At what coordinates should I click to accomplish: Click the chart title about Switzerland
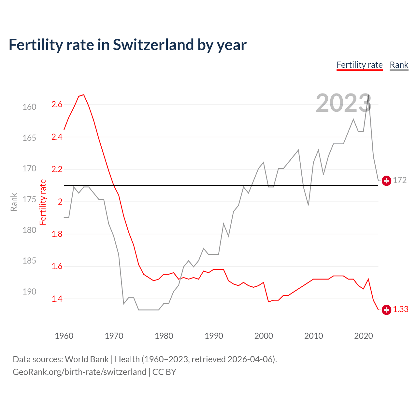(x=127, y=45)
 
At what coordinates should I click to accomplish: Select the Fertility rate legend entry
(x=359, y=65)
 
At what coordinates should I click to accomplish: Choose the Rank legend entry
(x=399, y=65)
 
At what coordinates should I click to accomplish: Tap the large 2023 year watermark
(x=343, y=103)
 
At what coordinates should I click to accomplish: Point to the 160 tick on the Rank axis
(x=29, y=107)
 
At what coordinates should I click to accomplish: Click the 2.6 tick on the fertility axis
(x=57, y=105)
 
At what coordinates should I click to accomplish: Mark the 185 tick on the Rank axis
(x=29, y=261)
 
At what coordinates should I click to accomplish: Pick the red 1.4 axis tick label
(x=57, y=299)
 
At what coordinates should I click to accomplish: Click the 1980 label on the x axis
(x=164, y=336)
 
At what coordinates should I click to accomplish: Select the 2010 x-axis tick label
(x=313, y=336)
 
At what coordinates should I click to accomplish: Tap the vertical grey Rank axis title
(x=14, y=202)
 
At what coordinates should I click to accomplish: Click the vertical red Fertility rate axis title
(x=43, y=202)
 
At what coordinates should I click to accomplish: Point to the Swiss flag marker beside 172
(x=386, y=181)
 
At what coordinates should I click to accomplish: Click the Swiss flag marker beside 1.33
(x=386, y=310)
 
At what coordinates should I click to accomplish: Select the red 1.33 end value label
(x=400, y=309)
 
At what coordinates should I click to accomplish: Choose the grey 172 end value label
(x=400, y=180)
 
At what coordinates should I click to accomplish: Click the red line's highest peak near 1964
(x=84, y=95)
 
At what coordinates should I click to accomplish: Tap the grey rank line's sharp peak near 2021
(x=368, y=95)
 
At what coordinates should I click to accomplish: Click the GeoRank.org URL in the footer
(x=79, y=372)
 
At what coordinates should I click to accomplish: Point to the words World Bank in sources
(x=87, y=359)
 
